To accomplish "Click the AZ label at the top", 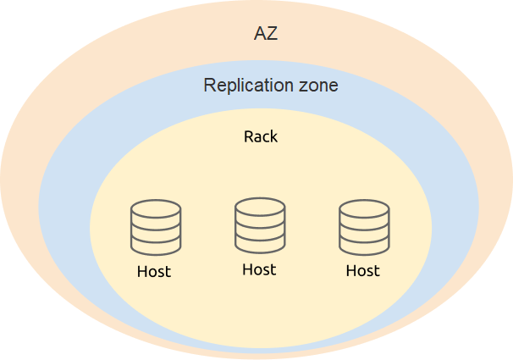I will tap(266, 34).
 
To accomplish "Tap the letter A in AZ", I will tap(260, 34).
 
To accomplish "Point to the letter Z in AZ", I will tap(272, 34).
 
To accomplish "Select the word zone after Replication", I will tap(315, 86).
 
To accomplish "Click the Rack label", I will tap(261, 136).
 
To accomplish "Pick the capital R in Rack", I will tap(249, 136).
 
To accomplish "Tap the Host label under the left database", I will tap(154, 272).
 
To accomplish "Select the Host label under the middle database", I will tap(259, 269).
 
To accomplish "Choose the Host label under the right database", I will tap(363, 271).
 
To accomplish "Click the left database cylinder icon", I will tap(156, 227).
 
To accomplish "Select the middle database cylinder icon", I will tap(260, 224).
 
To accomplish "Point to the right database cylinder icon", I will tap(364, 227).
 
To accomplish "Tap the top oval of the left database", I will tap(156, 208).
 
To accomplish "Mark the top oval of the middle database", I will tap(260, 205).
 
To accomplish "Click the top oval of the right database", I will tap(364, 208).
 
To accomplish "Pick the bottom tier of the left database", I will tap(156, 246).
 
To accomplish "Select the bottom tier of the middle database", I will tap(260, 244).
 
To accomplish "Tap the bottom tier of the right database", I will tap(364, 246).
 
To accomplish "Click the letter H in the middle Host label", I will tap(247, 269).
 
